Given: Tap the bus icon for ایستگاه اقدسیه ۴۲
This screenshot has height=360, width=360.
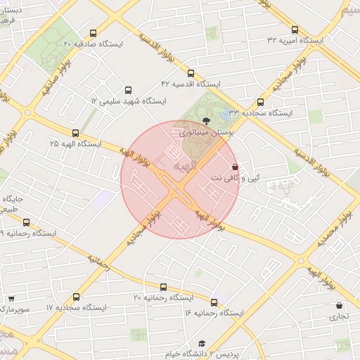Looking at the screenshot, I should click(x=191, y=73).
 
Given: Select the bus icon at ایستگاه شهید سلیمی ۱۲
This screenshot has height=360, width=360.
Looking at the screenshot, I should click(x=127, y=90).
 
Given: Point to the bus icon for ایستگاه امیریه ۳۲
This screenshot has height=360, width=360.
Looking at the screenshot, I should click(x=294, y=30).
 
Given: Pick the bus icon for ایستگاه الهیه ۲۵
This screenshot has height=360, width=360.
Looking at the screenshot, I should click(x=75, y=133).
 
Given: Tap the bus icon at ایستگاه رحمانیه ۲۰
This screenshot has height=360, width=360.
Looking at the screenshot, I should click(x=163, y=287).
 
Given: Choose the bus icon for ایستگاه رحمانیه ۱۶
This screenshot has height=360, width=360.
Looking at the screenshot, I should click(x=213, y=302).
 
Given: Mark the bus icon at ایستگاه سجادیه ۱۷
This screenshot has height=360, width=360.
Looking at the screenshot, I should click(x=77, y=297).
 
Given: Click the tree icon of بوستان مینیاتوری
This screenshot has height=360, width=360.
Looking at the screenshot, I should click(x=205, y=121).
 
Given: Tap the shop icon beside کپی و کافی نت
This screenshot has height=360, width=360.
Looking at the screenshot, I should click(x=234, y=168).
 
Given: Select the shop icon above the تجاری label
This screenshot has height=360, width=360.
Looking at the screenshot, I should click(x=340, y=306).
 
